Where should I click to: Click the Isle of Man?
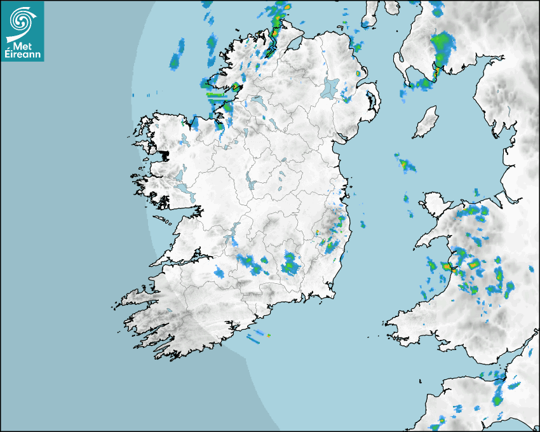[426, 122]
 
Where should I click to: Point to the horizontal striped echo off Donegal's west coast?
[217, 97]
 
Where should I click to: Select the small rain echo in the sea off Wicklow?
[363, 224]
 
